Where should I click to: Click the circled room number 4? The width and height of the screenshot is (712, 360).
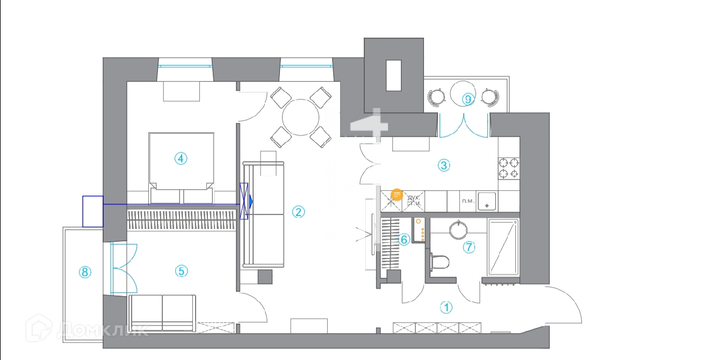(x=181, y=159)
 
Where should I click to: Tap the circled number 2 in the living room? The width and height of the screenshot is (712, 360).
(x=298, y=212)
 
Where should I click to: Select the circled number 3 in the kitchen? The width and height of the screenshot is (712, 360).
(x=444, y=165)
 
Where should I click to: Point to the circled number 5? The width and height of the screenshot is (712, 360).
(x=181, y=271)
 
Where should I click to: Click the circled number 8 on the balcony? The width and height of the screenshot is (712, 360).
(x=84, y=272)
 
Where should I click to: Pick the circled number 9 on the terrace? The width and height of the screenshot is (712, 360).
(x=468, y=99)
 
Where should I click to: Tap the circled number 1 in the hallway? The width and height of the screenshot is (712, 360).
(x=447, y=308)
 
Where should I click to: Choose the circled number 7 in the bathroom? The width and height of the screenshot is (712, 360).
(x=470, y=247)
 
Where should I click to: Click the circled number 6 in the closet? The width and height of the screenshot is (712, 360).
(x=405, y=240)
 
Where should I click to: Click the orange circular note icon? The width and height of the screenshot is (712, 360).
(x=397, y=195)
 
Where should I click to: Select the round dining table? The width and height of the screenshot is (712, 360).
(x=301, y=118)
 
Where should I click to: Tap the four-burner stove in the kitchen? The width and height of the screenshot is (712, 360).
(x=509, y=168)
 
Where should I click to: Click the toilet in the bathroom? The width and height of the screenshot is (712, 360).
(x=440, y=262)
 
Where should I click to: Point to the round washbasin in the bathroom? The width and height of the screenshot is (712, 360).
(x=458, y=230)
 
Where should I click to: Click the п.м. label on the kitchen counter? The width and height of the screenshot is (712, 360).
(x=468, y=201)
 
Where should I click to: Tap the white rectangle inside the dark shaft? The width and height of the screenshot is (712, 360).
(x=393, y=75)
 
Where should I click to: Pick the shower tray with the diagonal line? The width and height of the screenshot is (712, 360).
(x=503, y=247)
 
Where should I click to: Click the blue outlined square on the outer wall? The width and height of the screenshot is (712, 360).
(x=92, y=211)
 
